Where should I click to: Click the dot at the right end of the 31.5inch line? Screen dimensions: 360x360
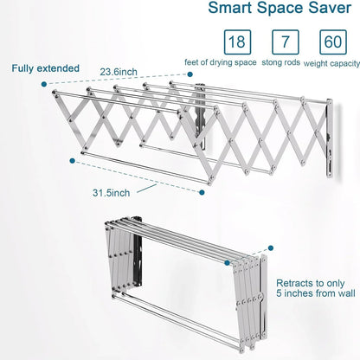coord(202,195)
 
